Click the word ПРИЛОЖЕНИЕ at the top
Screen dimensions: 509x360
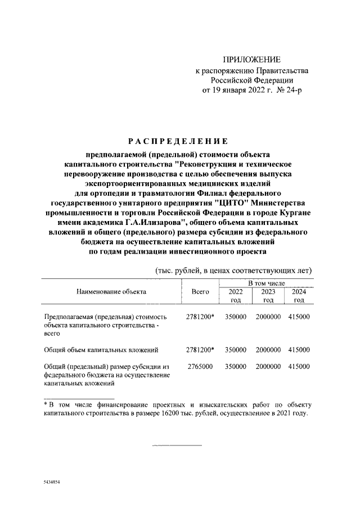coord(251,60)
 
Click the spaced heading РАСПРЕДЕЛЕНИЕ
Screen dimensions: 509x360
coord(176,141)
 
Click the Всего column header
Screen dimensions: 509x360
coord(200,292)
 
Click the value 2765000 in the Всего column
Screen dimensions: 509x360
coord(199,366)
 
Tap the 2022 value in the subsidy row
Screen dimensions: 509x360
coord(236,366)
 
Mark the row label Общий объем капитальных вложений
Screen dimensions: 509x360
coord(96,350)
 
